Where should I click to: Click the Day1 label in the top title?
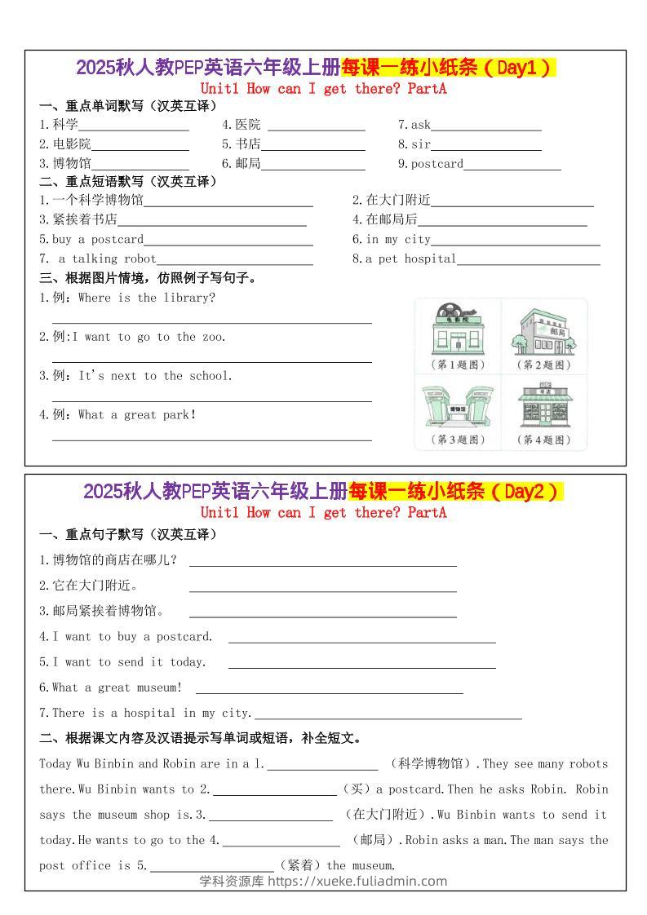(x=523, y=69)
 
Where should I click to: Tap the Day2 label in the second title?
(x=530, y=492)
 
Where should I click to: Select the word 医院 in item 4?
(x=248, y=125)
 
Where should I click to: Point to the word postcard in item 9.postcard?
(x=437, y=164)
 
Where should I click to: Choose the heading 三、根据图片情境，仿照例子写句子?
(x=148, y=278)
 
